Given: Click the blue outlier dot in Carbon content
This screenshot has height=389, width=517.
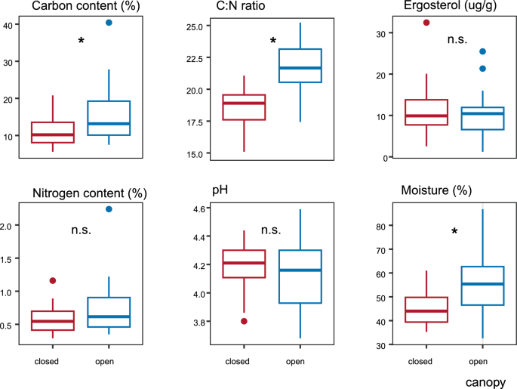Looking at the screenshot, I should point(109,23).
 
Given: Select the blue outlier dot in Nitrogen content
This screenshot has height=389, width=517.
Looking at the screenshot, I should point(109,209).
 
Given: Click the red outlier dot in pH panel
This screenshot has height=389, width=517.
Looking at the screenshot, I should point(244,321).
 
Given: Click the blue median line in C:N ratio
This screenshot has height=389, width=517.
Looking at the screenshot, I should point(300,68).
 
